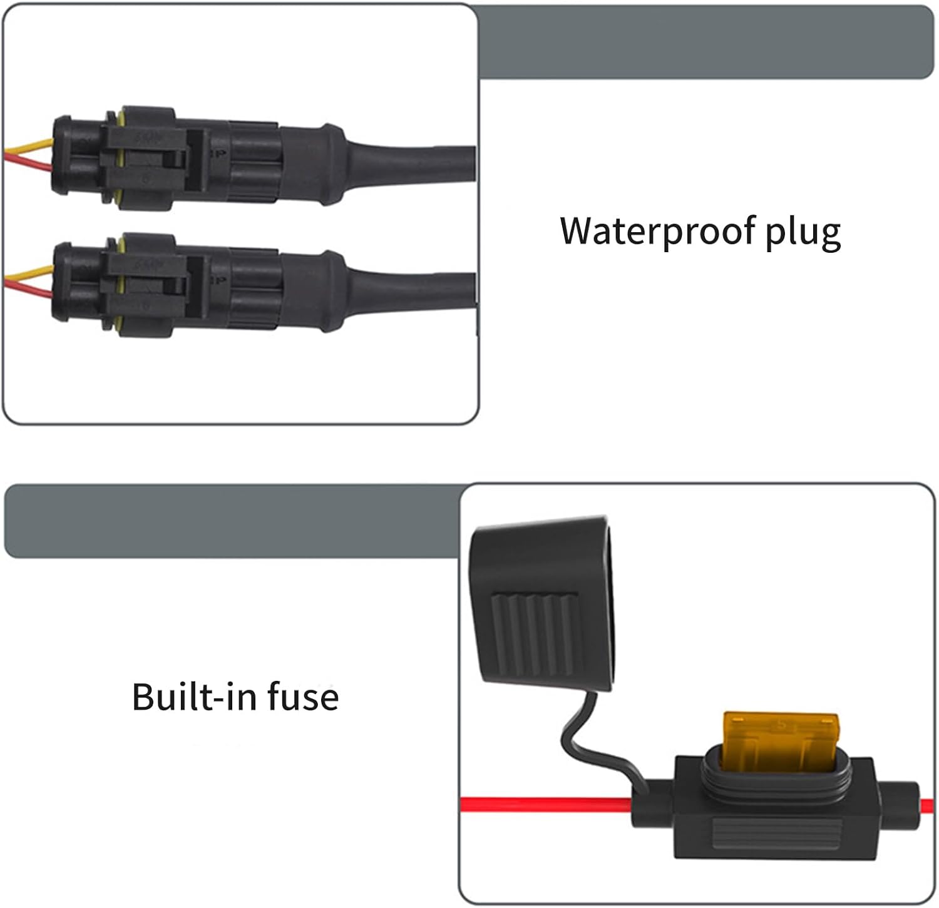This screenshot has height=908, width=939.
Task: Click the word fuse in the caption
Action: [x=303, y=696]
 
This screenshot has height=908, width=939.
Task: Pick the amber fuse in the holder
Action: [x=780, y=738]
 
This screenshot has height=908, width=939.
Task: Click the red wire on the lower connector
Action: [x=28, y=288]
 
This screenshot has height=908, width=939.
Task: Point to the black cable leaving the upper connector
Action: [x=413, y=164]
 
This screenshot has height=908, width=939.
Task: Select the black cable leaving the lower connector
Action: [x=413, y=291]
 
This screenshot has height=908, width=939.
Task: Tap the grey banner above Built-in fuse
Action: [x=232, y=521]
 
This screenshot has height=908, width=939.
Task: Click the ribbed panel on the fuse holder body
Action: [x=776, y=832]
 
